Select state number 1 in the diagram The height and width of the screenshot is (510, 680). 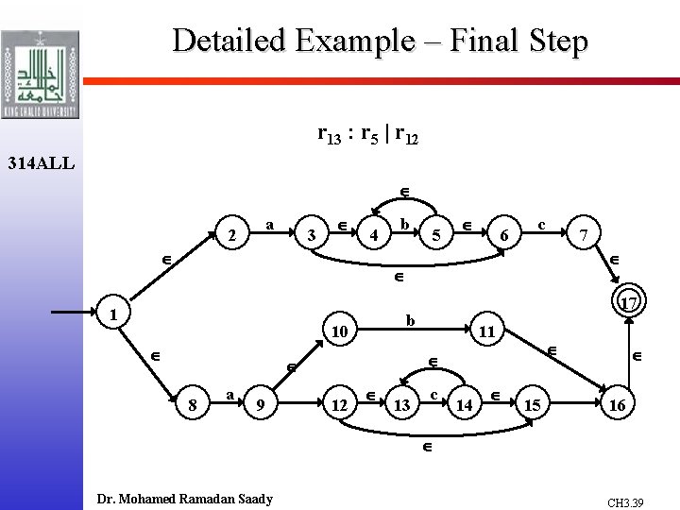[x=110, y=313]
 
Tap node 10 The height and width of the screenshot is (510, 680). [x=341, y=331]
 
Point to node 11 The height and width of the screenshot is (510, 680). [x=487, y=331]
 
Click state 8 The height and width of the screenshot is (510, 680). [x=193, y=404]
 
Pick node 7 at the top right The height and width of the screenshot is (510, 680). [x=586, y=232]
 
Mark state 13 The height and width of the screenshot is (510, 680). [x=401, y=405]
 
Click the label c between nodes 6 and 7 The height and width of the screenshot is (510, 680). [x=541, y=224]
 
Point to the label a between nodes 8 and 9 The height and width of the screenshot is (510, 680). [x=229, y=394]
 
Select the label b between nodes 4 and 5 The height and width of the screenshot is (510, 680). [x=404, y=224]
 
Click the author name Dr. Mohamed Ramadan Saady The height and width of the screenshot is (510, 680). [x=185, y=499]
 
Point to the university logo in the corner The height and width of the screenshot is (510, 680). [x=40, y=60]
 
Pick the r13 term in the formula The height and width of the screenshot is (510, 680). [x=329, y=136]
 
